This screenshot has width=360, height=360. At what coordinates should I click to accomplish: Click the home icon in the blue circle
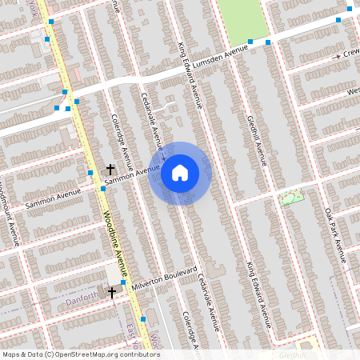pyautogui.click(x=180, y=172)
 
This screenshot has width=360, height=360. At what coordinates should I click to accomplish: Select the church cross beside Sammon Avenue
pyautogui.click(x=110, y=169)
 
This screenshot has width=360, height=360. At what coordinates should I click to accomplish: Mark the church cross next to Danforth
pyautogui.click(x=112, y=293)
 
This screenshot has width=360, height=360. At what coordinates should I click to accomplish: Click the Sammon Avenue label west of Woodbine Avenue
pyautogui.click(x=54, y=198)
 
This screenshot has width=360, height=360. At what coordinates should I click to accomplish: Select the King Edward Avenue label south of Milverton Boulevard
pyautogui.click(x=260, y=294)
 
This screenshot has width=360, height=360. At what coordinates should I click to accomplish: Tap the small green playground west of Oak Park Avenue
pyautogui.click(x=292, y=196)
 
